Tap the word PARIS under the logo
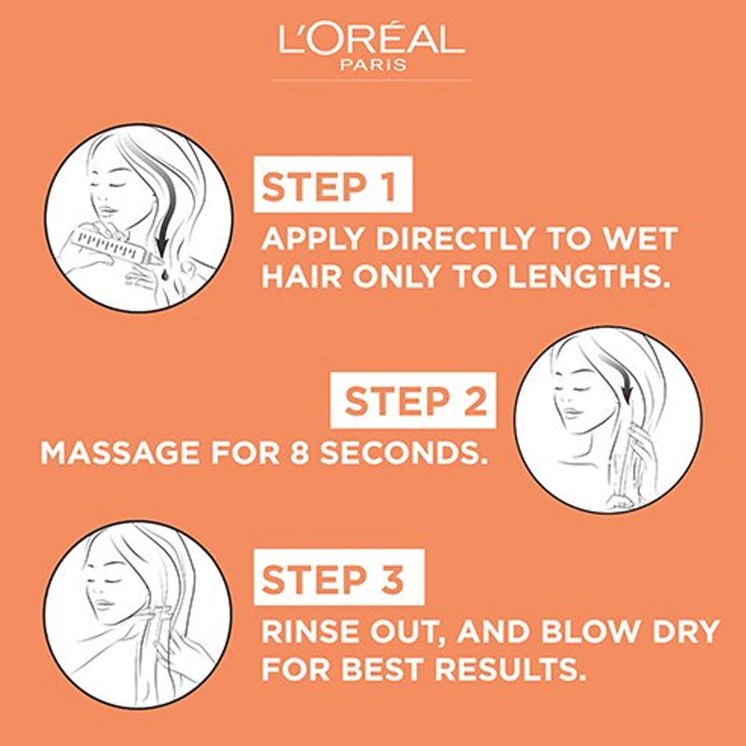click(373, 64)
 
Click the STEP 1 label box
click(333, 184)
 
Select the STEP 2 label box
click(413, 401)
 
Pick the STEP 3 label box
click(338, 577)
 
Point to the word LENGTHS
click(586, 276)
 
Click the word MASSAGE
click(120, 452)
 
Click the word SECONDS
click(404, 452)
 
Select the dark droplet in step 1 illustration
click(164, 274)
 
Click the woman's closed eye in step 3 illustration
click(108, 581)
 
